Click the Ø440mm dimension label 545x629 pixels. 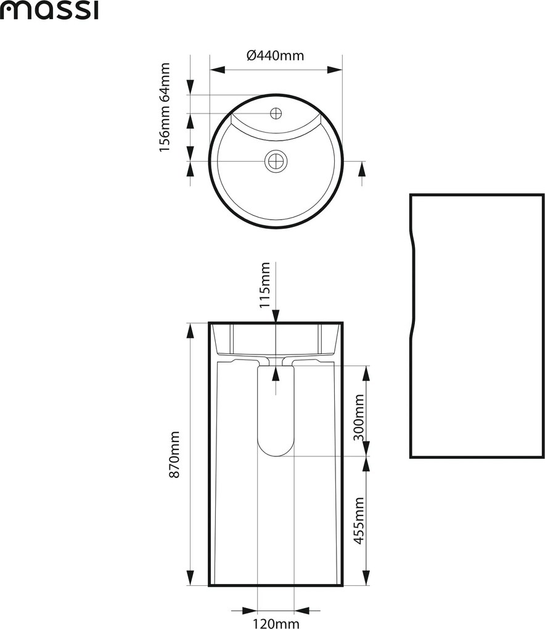275,55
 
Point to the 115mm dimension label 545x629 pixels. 264,285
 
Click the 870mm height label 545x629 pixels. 175,454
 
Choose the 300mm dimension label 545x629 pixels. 359,417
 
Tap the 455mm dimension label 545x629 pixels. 359,520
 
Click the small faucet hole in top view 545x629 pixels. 276,113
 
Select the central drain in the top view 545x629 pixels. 276,162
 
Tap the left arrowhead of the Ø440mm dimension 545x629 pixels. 217,70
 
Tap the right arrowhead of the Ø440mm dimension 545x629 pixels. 335,70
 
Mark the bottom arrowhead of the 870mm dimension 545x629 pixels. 191,578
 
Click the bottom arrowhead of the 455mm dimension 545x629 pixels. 366,578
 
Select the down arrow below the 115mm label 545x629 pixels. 276,315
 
